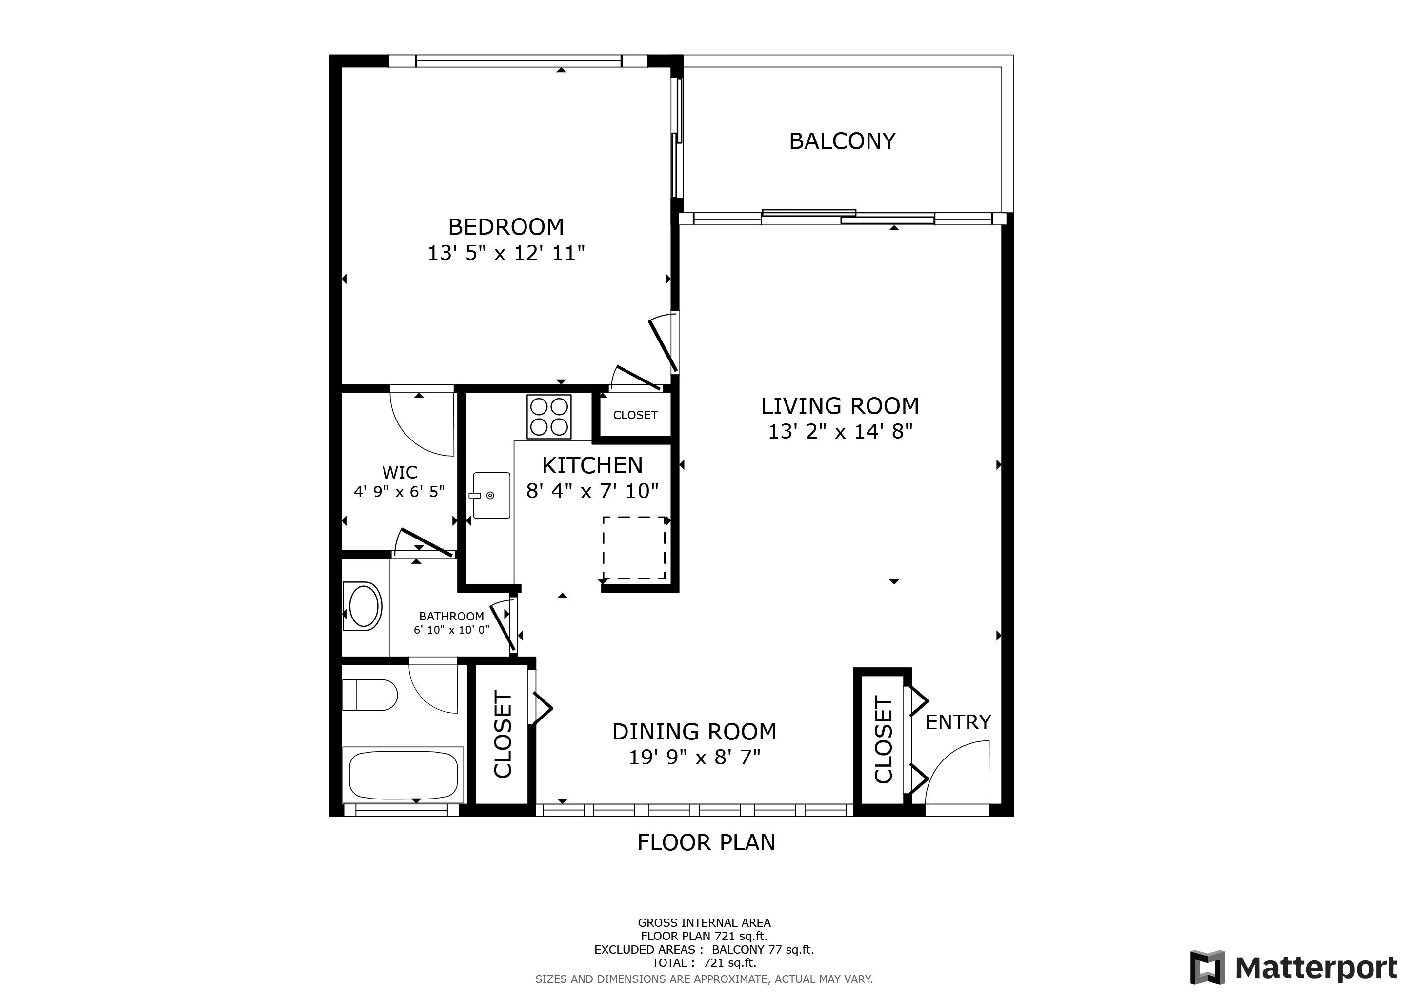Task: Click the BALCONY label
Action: click(x=842, y=141)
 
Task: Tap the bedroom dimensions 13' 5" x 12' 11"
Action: click(x=506, y=253)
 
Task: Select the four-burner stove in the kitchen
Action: click(x=549, y=417)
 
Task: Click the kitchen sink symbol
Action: click(x=491, y=495)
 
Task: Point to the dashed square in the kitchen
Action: click(x=634, y=547)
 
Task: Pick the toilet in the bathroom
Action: click(x=370, y=695)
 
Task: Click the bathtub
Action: click(x=403, y=775)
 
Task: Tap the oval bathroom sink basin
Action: click(x=363, y=606)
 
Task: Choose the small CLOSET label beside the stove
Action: click(x=635, y=415)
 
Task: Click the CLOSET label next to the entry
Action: click(x=883, y=740)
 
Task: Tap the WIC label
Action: click(x=400, y=473)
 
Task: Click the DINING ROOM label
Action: click(x=694, y=731)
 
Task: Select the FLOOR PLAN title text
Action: click(x=706, y=842)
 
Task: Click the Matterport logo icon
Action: click(x=1206, y=968)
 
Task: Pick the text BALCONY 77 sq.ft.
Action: click(x=763, y=949)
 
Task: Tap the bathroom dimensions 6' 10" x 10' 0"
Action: click(x=451, y=630)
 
